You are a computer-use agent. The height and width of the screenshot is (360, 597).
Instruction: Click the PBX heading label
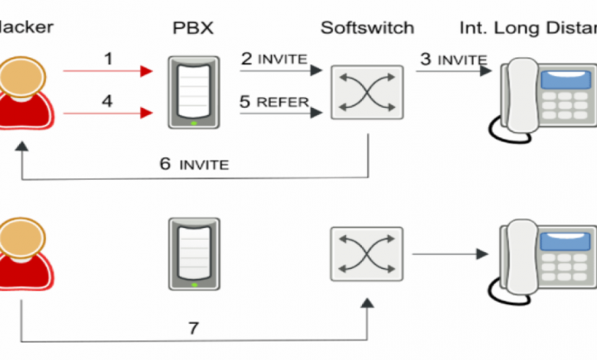coord(193,30)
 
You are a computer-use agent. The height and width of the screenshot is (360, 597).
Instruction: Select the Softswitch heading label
coord(367,29)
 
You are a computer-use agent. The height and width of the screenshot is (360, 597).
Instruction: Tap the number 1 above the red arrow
coord(107,58)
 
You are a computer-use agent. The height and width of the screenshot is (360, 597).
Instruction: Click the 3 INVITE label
coord(452,59)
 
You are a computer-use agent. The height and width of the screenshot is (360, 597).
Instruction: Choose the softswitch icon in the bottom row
coord(367,254)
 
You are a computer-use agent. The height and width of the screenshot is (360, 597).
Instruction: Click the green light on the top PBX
coord(194,123)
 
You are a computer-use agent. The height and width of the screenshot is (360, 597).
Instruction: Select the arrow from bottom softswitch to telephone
coord(449,254)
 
